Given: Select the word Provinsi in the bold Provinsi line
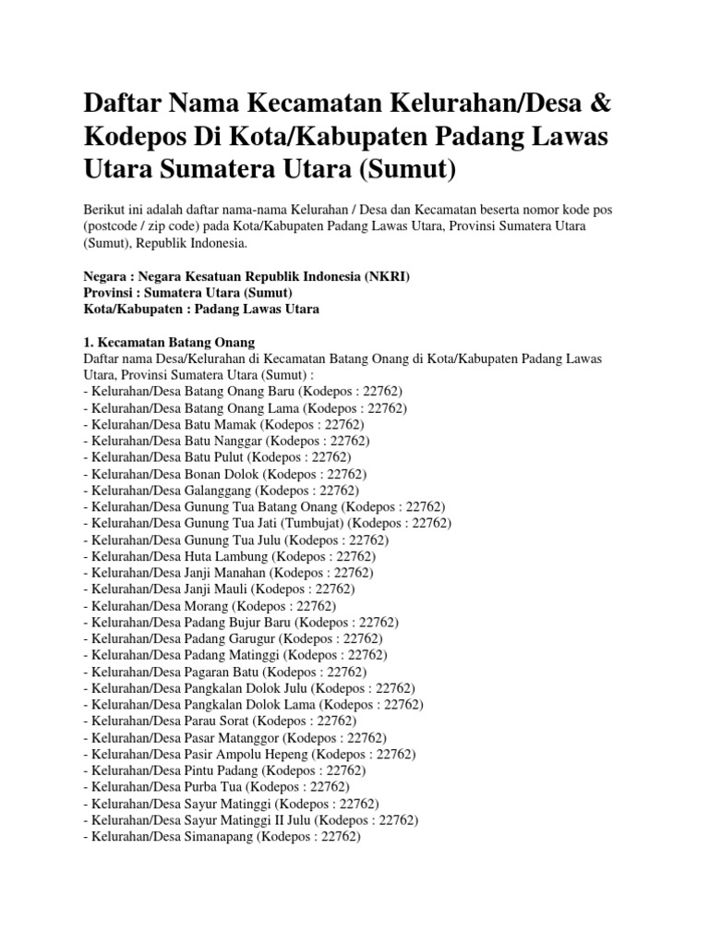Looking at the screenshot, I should click(109, 293).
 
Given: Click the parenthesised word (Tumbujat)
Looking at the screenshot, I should click(322, 523).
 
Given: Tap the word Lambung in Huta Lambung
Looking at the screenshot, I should click(244, 556).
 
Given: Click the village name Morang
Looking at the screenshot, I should click(214, 606).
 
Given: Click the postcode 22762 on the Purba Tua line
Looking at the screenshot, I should click(329, 787).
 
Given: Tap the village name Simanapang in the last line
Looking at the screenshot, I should click(230, 837).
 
